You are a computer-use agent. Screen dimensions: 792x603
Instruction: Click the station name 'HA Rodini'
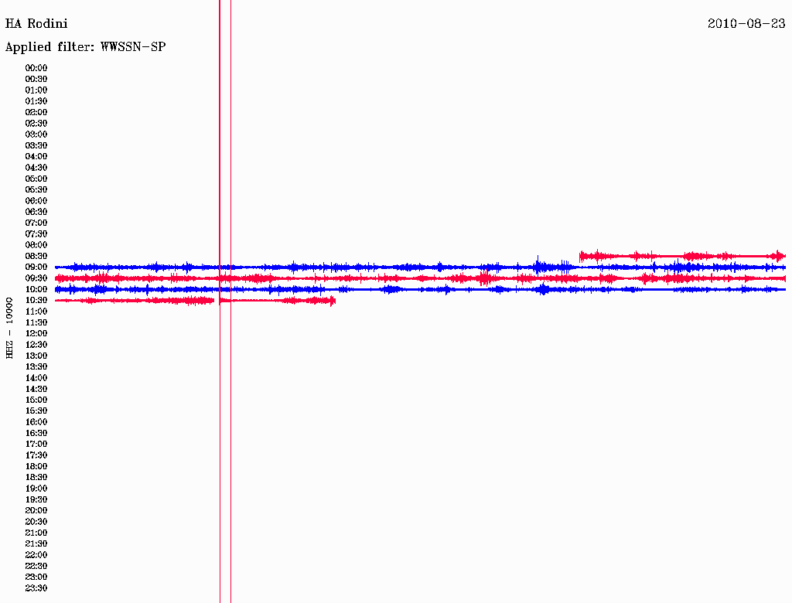tap(36, 24)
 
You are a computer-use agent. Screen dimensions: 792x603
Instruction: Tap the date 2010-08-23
tap(746, 24)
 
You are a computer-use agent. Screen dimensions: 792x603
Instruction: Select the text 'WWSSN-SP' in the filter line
tap(133, 47)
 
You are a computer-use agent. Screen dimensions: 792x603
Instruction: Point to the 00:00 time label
tap(36, 68)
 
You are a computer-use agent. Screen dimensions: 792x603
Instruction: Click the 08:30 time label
tap(36, 256)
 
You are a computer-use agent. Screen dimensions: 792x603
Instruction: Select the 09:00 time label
tap(36, 267)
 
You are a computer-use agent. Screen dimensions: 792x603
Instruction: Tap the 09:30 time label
tap(36, 278)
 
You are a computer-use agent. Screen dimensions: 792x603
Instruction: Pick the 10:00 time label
tap(36, 289)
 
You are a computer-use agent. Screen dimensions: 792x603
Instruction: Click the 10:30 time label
tap(36, 301)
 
